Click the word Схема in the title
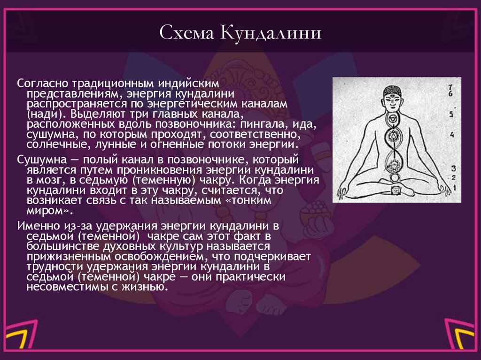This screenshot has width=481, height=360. [x=186, y=34]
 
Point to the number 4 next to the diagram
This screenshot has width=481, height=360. [x=452, y=135]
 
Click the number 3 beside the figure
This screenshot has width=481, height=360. [x=453, y=168]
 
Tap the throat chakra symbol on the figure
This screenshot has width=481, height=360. [x=392, y=118]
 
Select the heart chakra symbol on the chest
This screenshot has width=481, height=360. [x=393, y=137]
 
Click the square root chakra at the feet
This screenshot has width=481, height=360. [x=394, y=190]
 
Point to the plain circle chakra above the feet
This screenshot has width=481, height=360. [x=394, y=177]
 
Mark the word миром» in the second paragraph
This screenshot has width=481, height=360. [x=45, y=210]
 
